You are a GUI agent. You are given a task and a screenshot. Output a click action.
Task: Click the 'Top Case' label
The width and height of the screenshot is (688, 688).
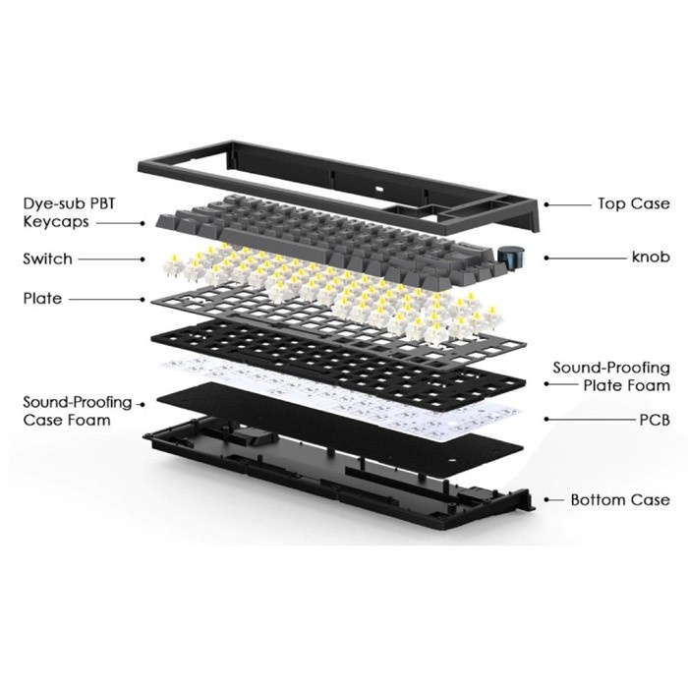click(x=634, y=204)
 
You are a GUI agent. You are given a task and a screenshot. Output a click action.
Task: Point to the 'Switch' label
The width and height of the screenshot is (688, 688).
click(x=47, y=259)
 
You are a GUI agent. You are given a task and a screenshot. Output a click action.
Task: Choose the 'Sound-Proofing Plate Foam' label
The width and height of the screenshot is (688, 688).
click(x=610, y=376)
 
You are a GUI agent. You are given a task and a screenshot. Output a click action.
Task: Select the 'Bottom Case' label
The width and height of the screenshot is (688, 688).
click(x=620, y=500)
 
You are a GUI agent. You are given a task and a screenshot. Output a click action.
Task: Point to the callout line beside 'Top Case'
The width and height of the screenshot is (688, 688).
click(x=565, y=204)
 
